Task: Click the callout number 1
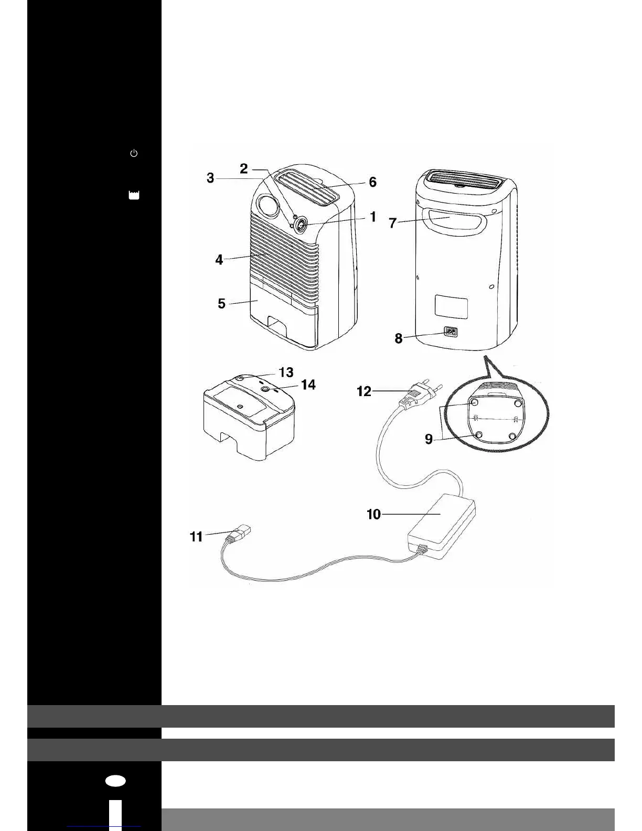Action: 373,217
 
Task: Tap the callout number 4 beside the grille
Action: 219,259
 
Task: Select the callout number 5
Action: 221,303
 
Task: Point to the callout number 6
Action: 372,182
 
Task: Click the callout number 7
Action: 392,223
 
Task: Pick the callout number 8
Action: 399,338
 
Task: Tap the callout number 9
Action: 429,439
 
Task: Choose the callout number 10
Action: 373,514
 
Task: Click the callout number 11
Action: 196,536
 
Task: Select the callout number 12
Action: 364,391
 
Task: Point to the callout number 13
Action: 286,372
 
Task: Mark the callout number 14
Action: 308,385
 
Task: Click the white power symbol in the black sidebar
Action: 134,153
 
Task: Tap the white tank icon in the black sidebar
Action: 134,195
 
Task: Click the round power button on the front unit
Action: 302,225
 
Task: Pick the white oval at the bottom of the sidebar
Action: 115,781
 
